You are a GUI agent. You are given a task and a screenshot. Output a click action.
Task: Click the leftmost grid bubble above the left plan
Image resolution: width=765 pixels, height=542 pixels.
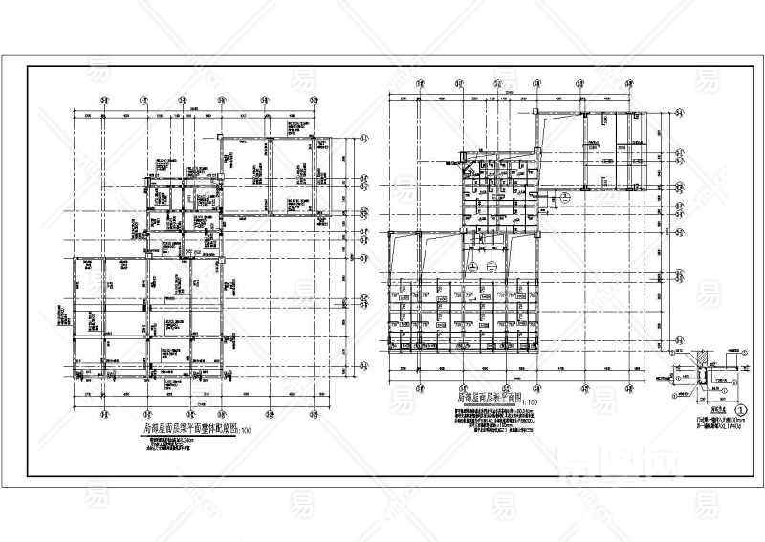102,98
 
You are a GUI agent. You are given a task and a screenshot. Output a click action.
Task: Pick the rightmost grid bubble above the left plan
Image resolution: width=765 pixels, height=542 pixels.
313,98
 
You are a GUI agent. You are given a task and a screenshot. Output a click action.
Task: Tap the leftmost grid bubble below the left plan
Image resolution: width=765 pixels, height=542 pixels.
102,413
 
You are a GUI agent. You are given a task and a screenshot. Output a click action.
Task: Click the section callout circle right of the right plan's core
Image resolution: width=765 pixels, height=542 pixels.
565,197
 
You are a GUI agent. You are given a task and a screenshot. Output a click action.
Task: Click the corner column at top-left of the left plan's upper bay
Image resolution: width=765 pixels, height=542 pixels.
222,140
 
